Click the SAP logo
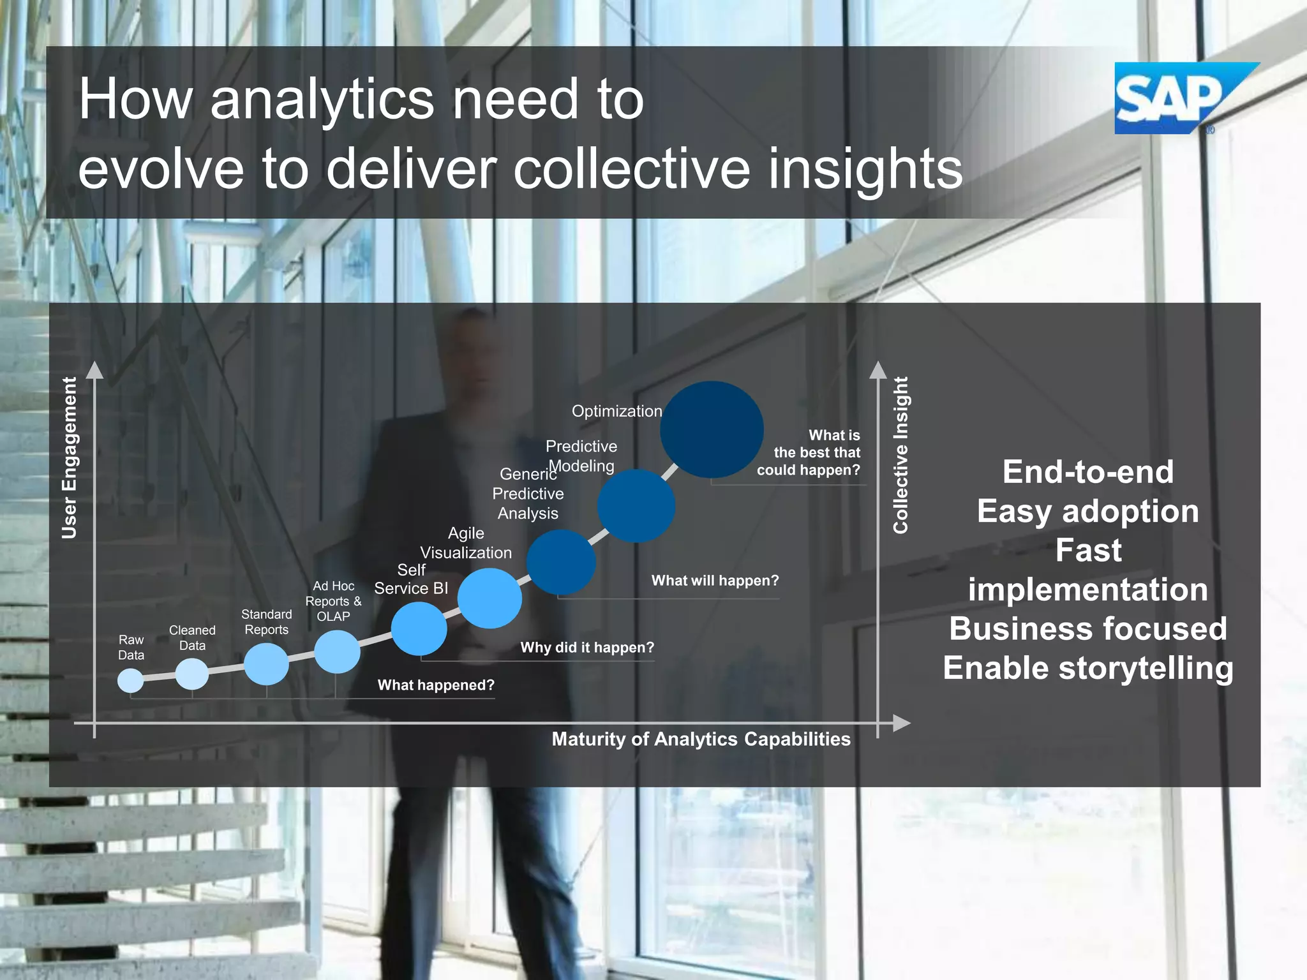(x=1174, y=98)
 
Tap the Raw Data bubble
(x=131, y=680)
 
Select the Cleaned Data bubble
(x=192, y=673)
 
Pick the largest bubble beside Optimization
(x=712, y=429)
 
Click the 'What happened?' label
(x=436, y=685)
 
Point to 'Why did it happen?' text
(x=587, y=648)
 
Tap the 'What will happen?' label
(x=715, y=581)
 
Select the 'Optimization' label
(x=616, y=412)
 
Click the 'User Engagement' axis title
(x=70, y=457)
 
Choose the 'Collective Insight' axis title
(x=900, y=455)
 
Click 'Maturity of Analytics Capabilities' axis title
(x=701, y=739)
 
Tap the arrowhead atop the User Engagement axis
(x=94, y=370)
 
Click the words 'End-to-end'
(x=1087, y=472)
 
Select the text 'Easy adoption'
(x=1087, y=511)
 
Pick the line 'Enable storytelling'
(x=1087, y=668)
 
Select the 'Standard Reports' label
(x=267, y=622)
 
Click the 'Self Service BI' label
(x=411, y=579)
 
